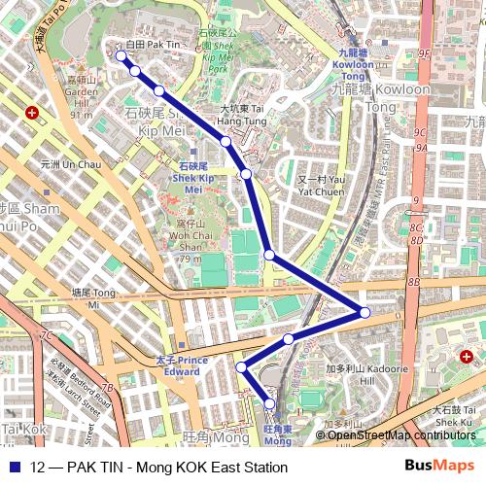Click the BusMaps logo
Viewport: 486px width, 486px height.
[x=439, y=467]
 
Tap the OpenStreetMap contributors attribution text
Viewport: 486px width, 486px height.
[x=401, y=434]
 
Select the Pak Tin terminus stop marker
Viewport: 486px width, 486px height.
[x=121, y=56]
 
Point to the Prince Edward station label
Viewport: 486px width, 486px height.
[x=182, y=365]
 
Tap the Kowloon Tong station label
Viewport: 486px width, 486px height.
[x=352, y=62]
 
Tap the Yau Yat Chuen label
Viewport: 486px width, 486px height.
[x=320, y=186]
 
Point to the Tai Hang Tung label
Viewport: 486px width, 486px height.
[x=242, y=115]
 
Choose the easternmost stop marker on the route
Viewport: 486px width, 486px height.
[x=364, y=312]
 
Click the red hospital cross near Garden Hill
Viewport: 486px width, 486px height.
[x=33, y=113]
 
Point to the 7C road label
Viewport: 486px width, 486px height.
[x=46, y=335]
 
